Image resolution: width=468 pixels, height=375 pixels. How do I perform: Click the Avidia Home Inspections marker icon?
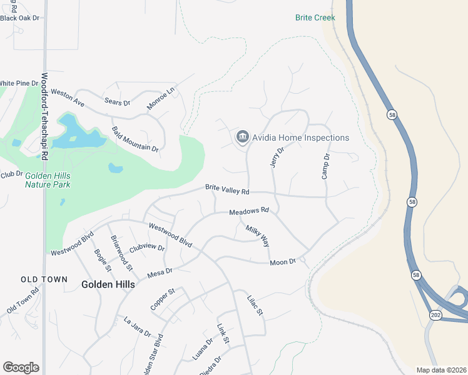click(242, 137)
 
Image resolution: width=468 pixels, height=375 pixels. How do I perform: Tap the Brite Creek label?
click(315, 17)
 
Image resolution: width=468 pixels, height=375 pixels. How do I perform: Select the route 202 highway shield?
click(435, 315)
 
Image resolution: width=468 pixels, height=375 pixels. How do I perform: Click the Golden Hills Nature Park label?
click(48, 181)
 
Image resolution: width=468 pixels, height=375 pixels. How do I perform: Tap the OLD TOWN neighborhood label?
click(43, 279)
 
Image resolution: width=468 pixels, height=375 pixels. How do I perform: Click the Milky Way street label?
click(257, 236)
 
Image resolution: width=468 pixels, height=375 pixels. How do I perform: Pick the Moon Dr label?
click(282, 262)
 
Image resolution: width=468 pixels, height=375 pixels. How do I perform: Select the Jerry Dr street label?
click(277, 156)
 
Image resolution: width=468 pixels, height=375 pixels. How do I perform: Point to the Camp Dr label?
click(325, 166)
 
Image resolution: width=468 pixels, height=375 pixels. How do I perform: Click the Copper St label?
click(162, 299)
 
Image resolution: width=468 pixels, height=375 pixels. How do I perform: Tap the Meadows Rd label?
click(248, 211)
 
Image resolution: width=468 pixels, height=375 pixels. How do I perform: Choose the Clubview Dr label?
click(147, 248)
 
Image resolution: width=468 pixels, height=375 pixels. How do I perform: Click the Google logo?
click(21, 367)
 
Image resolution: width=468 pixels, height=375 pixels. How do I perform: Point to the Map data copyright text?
click(441, 370)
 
